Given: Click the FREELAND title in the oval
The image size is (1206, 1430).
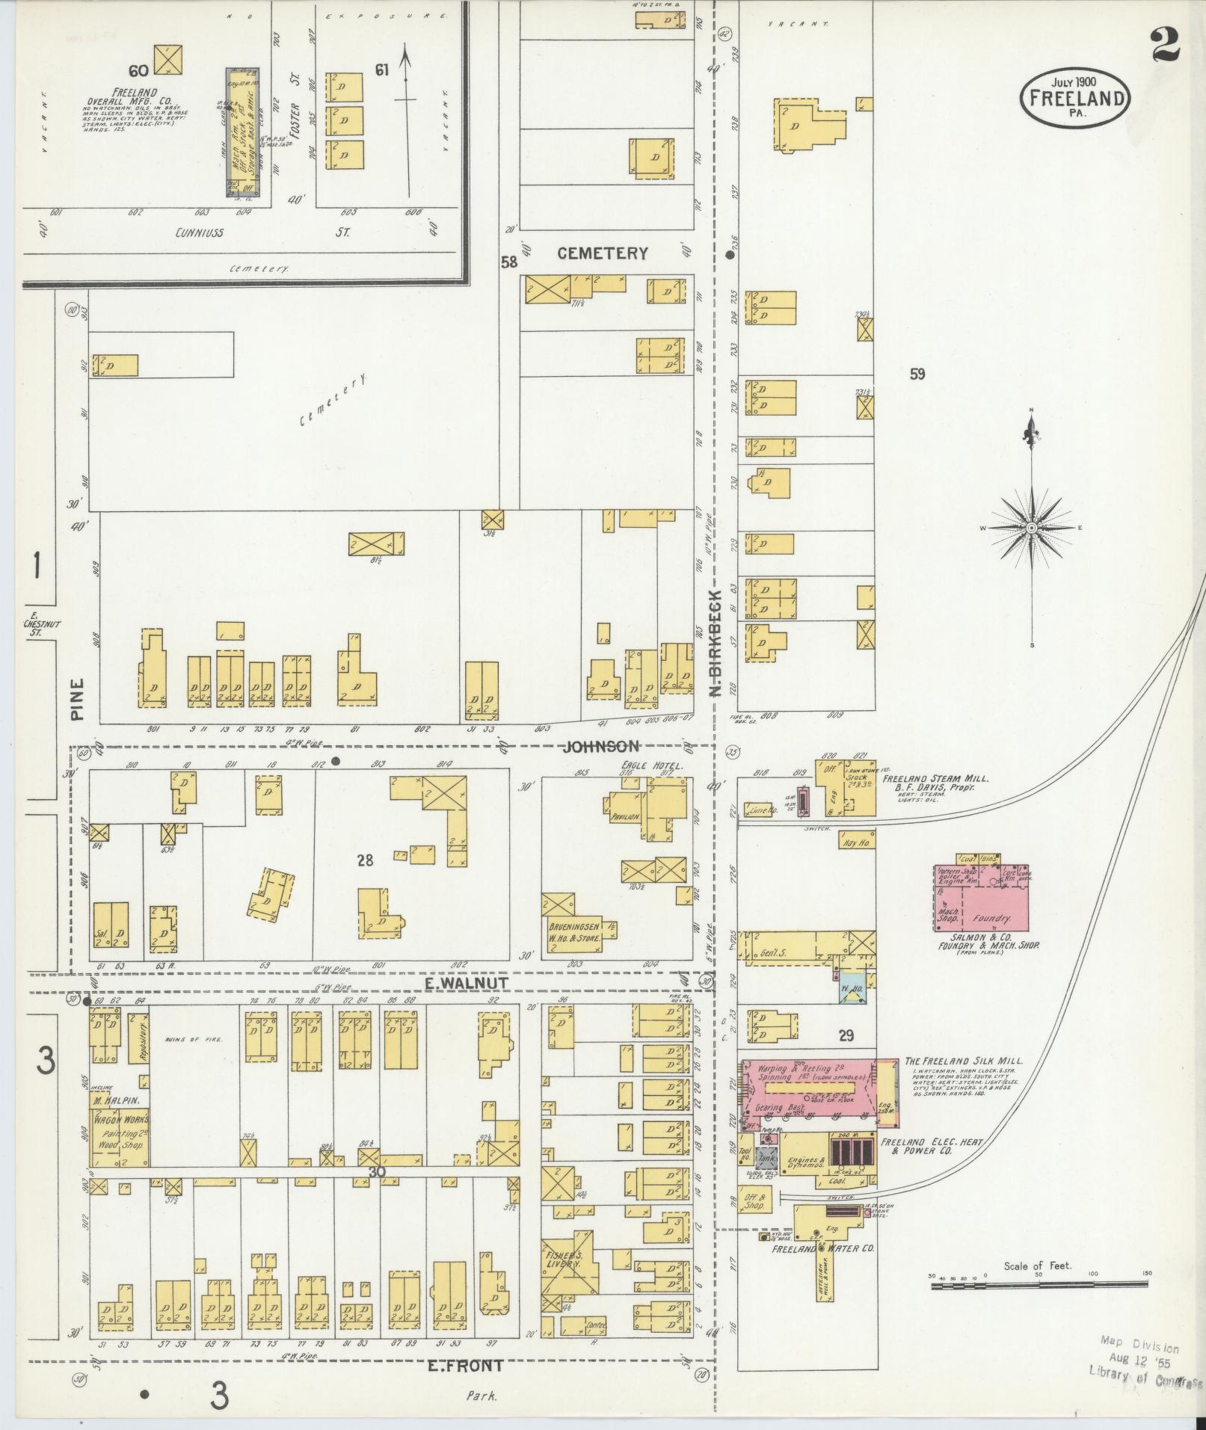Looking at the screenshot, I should click(x=1075, y=99).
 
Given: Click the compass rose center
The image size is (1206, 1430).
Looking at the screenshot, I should click(x=1032, y=528).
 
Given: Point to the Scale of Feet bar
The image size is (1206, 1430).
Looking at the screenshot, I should click(x=1039, y=1285).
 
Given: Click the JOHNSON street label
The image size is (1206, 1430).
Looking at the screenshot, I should click(x=601, y=746).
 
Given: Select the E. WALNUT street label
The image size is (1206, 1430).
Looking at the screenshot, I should click(x=456, y=983).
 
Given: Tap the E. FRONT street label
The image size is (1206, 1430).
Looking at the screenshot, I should click(x=465, y=1366).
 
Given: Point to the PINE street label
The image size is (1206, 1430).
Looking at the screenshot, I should click(x=78, y=699).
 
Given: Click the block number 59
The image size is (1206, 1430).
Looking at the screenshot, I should click(x=917, y=374).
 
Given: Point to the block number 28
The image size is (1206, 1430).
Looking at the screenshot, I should click(x=365, y=860).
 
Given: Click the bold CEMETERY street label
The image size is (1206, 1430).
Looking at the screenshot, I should click(x=602, y=253).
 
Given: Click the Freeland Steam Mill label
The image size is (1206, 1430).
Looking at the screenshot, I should click(x=935, y=778).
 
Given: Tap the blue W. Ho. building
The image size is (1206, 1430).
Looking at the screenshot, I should click(x=851, y=987).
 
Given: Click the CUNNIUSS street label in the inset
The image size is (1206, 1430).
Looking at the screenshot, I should click(x=196, y=232).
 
